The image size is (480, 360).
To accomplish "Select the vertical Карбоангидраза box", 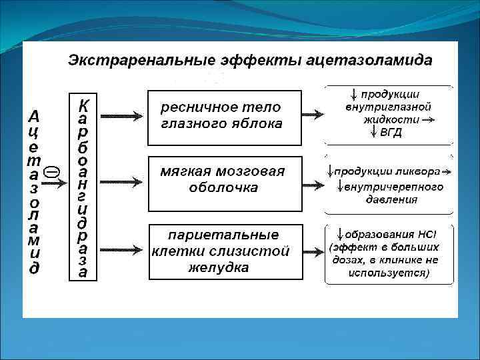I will [x=83, y=187].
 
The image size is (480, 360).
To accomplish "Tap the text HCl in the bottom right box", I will [x=427, y=235].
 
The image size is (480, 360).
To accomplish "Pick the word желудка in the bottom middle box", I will [x=219, y=268].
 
